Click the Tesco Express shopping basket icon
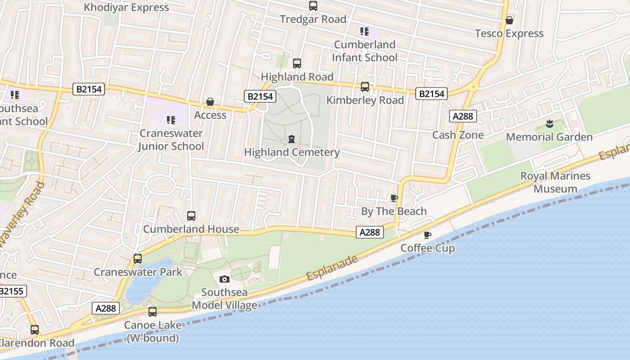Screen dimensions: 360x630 509,20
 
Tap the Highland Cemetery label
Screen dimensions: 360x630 292,152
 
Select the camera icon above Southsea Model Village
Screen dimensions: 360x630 225,279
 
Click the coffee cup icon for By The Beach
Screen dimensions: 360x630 394,198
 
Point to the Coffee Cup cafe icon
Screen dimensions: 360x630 427,235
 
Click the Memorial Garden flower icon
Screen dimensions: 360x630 549,123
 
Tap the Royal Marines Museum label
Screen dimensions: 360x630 555,182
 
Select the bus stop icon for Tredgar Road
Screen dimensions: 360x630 313,6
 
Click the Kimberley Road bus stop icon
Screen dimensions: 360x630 365,87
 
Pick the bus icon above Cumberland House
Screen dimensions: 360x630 191,216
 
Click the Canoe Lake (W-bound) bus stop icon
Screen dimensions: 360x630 153,312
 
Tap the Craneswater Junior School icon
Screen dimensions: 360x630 171,120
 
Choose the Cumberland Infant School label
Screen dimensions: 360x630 364,51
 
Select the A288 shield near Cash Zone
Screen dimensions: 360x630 463,116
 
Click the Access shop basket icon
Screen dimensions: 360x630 210,102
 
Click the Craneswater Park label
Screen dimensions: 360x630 138,272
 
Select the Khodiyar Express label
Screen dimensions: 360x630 126,7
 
